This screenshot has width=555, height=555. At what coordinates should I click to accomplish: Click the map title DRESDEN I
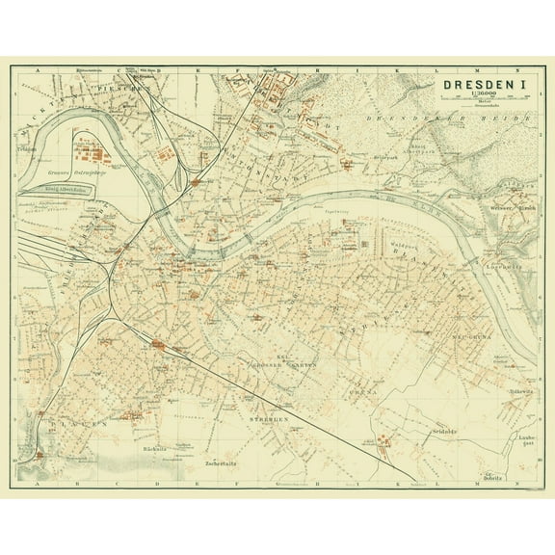pos(483,86)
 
